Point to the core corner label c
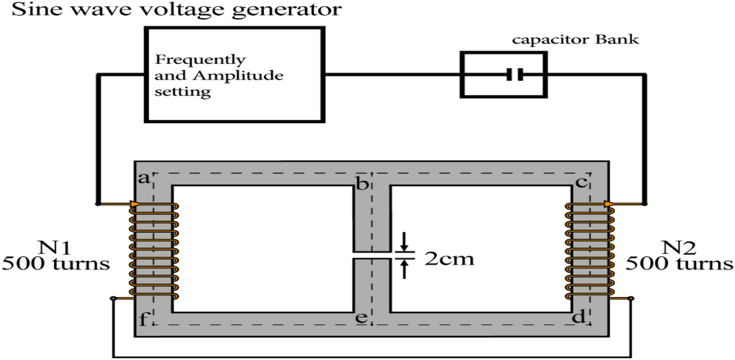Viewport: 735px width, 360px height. (581, 184)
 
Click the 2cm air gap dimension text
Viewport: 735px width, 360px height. (449, 259)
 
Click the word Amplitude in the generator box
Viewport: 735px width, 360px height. (249, 75)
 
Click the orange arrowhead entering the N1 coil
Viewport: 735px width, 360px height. (134, 204)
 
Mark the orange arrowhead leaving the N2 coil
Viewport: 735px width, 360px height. (609, 204)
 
